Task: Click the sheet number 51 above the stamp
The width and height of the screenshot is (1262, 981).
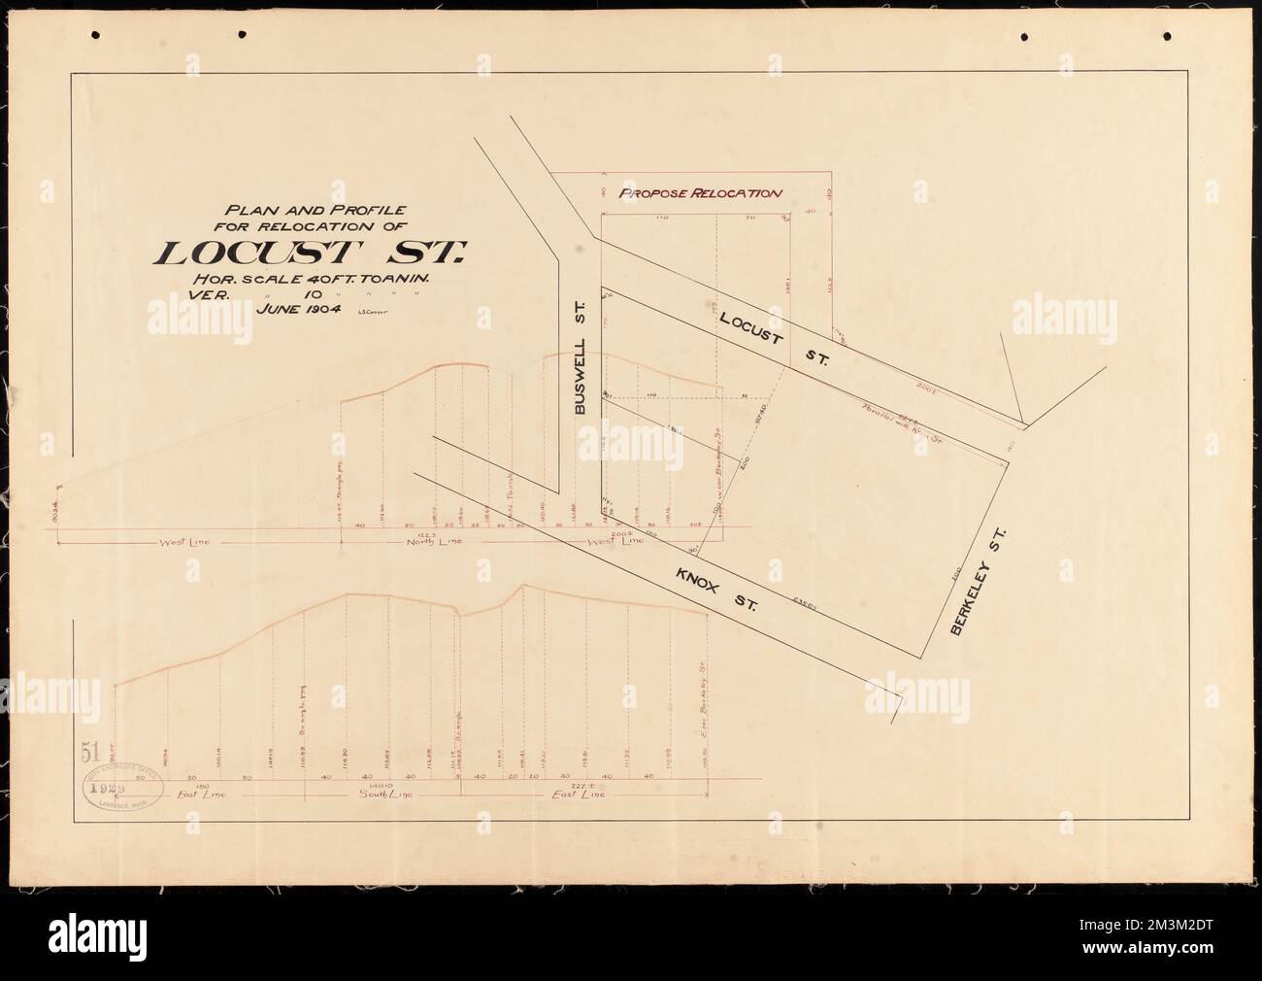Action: tap(92, 752)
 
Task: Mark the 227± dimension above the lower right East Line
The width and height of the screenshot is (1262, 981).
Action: tap(583, 786)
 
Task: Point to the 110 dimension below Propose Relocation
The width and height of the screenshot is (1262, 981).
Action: tap(663, 219)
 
